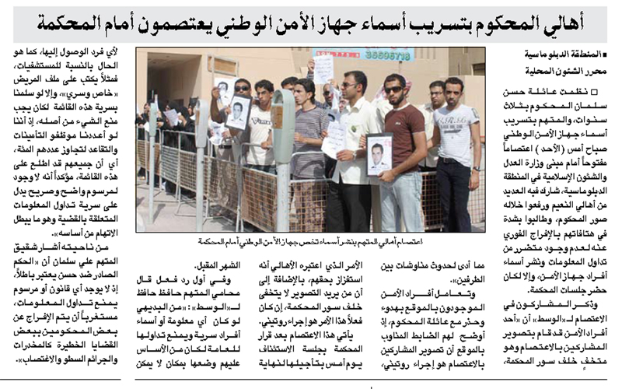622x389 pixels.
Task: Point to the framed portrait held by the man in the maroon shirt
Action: tap(379, 154)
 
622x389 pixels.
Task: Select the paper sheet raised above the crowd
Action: tap(323, 68)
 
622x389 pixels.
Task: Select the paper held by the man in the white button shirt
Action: tap(334, 138)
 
